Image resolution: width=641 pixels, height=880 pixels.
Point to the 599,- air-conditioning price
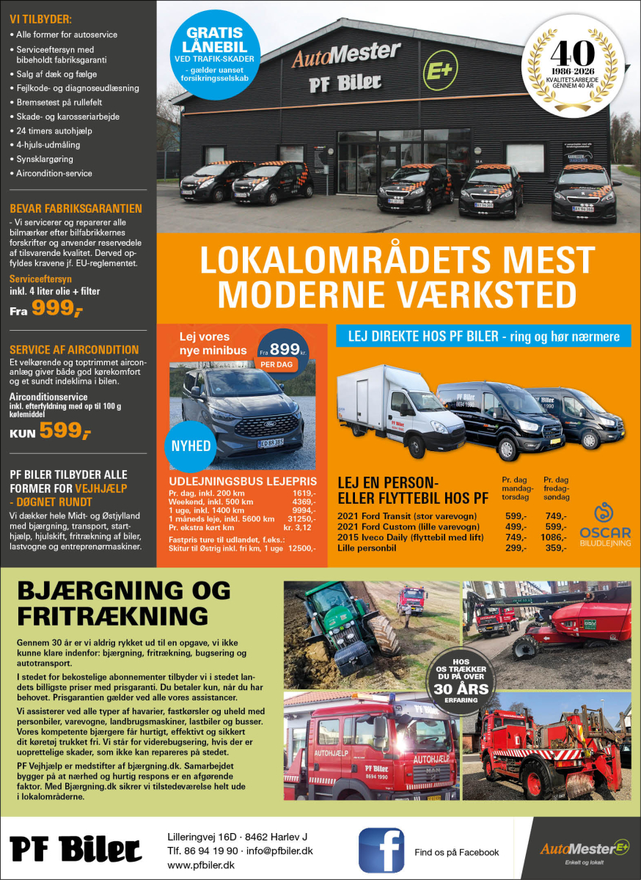65,431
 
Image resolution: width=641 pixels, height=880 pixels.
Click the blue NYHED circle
191,446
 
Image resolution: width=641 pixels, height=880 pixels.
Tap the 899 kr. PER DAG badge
282,353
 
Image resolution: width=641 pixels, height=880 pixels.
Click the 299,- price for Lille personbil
516,548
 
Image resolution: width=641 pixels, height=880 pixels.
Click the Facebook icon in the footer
381,851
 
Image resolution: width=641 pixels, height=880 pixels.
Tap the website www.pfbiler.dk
200,866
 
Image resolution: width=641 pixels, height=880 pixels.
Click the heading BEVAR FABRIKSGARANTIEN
76,208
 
